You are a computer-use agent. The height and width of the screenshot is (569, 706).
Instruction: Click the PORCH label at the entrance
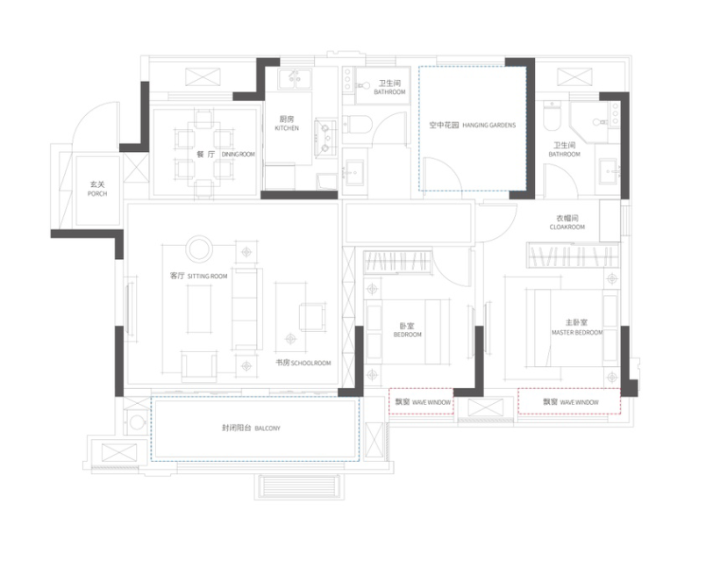[97, 194]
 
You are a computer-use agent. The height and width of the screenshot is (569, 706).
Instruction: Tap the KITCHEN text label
[287, 128]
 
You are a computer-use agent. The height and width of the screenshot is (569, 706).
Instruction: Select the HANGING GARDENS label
[489, 126]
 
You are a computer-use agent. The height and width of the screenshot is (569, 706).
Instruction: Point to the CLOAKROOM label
[567, 227]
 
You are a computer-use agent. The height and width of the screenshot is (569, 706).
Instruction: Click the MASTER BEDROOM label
[577, 333]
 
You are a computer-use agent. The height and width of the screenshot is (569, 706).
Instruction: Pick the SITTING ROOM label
[208, 277]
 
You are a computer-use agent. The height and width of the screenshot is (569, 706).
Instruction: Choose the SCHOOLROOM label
[311, 364]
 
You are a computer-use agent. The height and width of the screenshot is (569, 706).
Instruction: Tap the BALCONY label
[267, 429]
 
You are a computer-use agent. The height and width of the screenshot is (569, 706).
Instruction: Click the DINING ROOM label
[239, 155]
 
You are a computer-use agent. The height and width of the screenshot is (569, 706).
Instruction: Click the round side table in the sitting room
[199, 248]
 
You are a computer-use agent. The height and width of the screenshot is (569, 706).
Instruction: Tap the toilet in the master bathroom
[551, 115]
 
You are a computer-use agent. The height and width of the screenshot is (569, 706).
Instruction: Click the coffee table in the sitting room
[199, 309]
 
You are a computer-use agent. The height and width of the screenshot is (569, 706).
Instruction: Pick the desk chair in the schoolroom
[312, 317]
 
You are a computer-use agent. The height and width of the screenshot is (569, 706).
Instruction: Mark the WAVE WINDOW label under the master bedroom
[580, 402]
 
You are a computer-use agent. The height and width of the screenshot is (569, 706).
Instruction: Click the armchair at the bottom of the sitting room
[199, 366]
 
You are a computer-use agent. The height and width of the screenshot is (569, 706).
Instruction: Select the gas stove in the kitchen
[326, 138]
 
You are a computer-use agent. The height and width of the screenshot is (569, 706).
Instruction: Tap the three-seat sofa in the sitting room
[246, 309]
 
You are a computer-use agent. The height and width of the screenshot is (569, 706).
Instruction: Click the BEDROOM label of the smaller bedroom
[408, 335]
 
